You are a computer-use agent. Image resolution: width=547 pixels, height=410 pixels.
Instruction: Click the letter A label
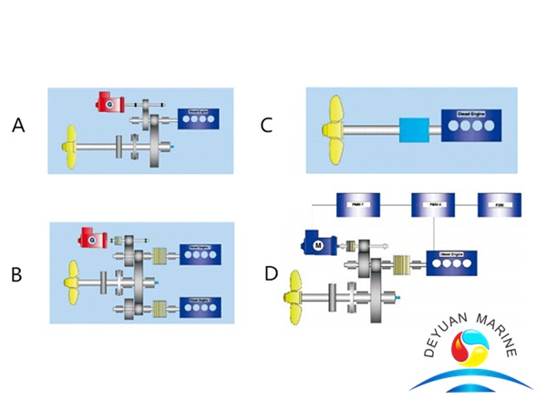(18, 127)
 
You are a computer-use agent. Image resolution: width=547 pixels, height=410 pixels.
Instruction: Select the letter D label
(270, 273)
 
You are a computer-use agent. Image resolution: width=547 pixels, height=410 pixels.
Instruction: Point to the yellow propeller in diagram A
(70, 144)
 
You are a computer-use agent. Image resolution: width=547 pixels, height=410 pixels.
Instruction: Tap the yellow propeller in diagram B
(71, 273)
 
